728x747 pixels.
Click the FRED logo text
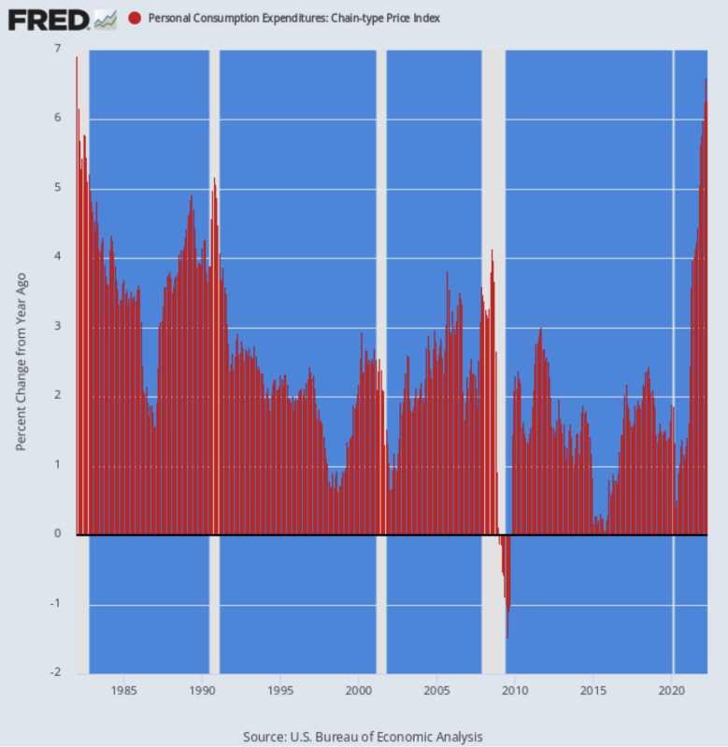50,18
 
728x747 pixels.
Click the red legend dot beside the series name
136,18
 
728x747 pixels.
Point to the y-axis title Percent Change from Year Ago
21,361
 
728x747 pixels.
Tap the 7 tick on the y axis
57,49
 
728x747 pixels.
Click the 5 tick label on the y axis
57,188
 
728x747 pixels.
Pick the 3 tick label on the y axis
57,326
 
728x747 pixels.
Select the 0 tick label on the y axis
57,534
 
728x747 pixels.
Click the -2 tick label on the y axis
55,673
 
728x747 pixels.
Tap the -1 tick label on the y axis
55,603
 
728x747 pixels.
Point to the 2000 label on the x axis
359,692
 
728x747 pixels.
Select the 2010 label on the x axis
515,692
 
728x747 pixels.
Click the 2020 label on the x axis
672,692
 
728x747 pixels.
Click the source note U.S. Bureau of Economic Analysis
363,737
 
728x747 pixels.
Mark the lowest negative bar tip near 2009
507,639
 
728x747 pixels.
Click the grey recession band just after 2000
380,280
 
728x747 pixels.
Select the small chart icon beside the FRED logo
106,18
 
